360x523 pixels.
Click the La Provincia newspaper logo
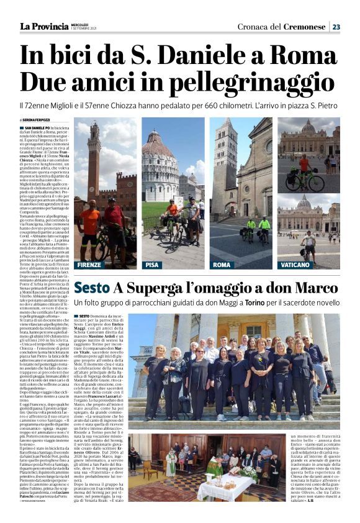coord(44,27)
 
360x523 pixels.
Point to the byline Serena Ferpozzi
coord(37,119)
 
